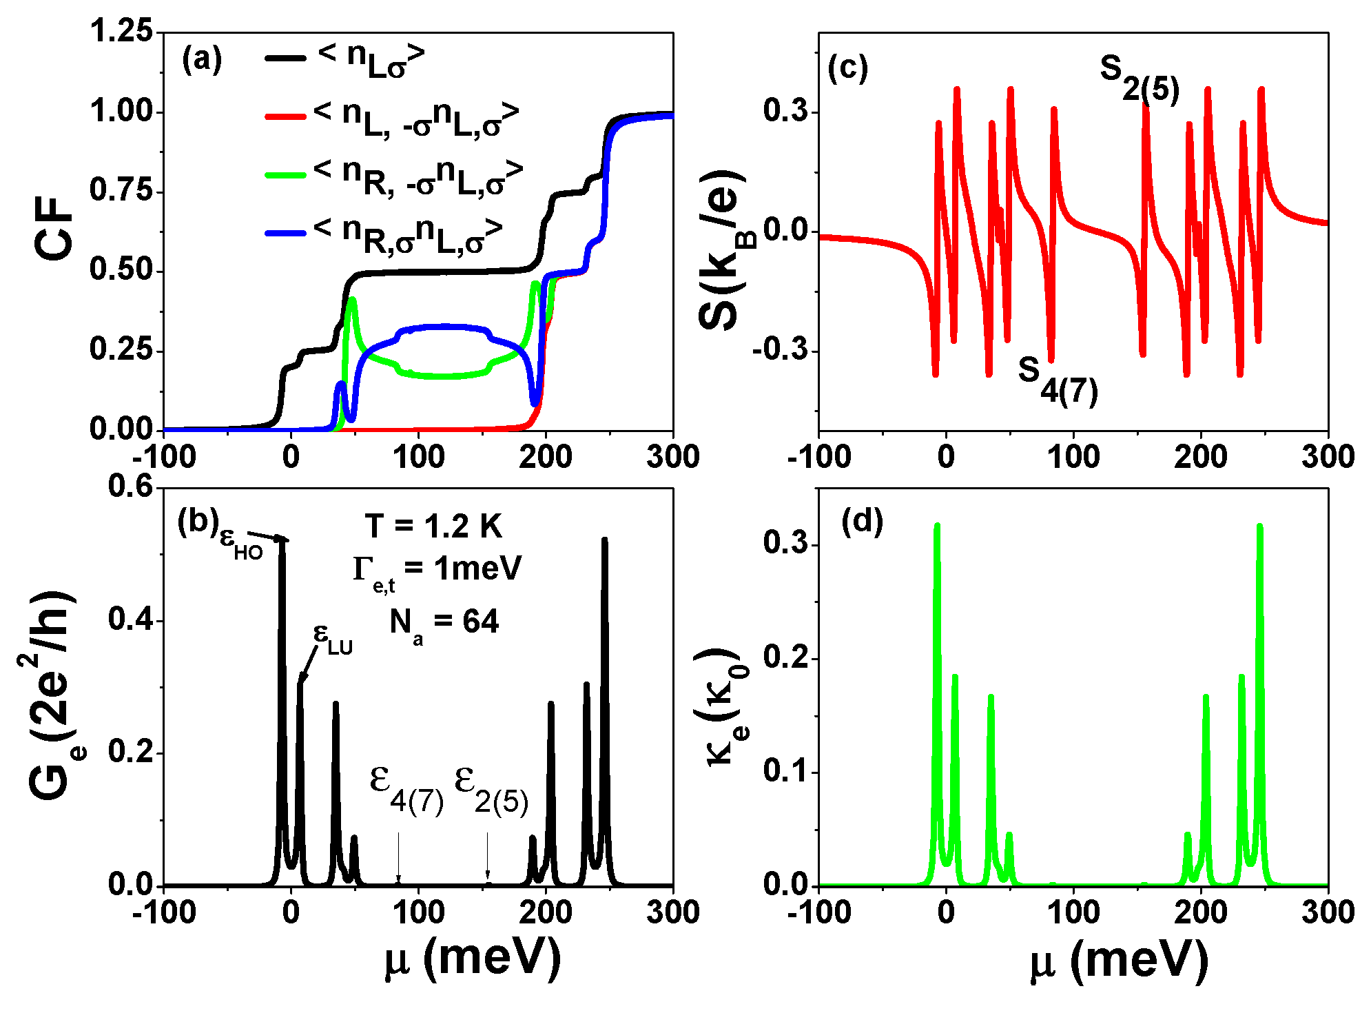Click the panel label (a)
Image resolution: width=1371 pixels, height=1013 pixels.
click(202, 60)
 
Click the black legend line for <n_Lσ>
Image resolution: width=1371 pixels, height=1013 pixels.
click(285, 58)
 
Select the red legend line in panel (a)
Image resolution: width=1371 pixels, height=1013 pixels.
click(285, 116)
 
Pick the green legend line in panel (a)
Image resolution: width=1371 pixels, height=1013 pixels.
click(285, 175)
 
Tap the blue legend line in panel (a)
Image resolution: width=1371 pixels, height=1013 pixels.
click(285, 234)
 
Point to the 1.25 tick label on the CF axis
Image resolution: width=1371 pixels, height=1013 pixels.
click(121, 32)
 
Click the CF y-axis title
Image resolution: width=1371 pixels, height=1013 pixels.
click(54, 229)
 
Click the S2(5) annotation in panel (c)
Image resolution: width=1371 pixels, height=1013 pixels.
click(1139, 77)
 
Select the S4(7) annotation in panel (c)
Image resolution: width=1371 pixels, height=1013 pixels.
click(1058, 380)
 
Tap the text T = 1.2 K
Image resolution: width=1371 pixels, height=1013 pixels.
click(433, 526)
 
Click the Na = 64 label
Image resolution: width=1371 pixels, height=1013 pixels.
click(444, 623)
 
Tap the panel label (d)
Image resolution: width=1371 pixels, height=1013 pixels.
click(862, 522)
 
